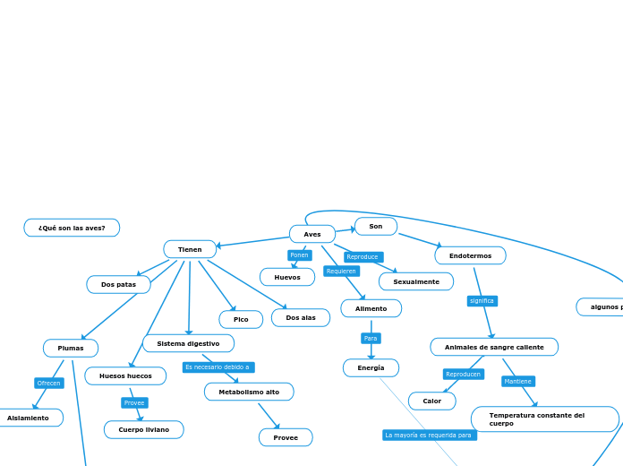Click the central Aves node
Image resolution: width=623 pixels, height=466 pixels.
point(312,234)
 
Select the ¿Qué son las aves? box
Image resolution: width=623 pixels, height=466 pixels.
point(72,228)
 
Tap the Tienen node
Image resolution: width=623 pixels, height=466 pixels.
point(190,249)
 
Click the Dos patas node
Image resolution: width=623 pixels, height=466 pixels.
point(118,284)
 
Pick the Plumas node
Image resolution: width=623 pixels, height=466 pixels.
point(71,348)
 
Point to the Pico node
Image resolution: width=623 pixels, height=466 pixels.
point(241,319)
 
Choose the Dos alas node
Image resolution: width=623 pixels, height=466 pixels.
point(301,317)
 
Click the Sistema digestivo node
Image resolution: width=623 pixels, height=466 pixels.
point(188,343)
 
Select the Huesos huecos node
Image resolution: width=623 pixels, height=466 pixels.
point(125,375)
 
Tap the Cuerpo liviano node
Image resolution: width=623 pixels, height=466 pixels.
point(143,429)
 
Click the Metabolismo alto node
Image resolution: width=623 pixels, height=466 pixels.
point(249,392)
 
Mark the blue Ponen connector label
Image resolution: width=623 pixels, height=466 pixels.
point(299,255)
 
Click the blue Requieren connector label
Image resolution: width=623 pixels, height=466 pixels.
point(341,271)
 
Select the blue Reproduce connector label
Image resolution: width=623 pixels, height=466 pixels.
point(363,257)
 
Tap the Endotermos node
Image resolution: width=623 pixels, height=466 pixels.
point(470,255)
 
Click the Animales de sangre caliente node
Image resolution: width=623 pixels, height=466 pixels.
point(494,347)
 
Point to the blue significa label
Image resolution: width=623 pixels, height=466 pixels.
point(482,301)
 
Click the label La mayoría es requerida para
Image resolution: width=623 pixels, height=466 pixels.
point(429,435)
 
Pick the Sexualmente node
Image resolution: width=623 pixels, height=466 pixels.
point(416,281)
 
